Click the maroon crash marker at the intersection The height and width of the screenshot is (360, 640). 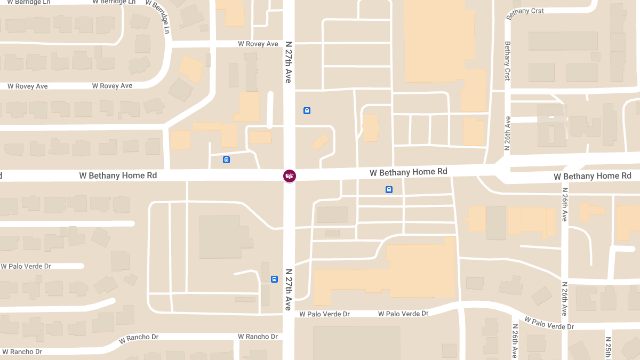[289, 175]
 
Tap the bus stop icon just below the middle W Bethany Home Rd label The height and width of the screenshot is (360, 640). [389, 189]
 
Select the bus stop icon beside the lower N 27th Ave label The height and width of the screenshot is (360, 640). [274, 279]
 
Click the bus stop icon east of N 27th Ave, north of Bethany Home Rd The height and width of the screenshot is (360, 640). [307, 110]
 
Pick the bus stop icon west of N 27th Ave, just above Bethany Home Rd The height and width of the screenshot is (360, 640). [226, 159]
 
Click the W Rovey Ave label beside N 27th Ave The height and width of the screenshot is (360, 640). [258, 44]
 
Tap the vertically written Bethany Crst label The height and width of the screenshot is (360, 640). [507, 61]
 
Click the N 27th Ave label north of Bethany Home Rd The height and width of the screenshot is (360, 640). [289, 61]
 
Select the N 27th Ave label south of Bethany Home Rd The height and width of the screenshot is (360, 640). [288, 289]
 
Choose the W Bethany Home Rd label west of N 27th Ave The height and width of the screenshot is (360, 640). [118, 175]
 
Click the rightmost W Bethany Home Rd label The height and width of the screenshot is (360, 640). [592, 176]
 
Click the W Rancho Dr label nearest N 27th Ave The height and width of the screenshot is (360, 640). [258, 337]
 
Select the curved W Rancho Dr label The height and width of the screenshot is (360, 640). [139, 338]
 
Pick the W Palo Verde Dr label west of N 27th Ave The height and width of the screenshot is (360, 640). [26, 266]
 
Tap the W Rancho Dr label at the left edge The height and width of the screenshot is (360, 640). [22, 351]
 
